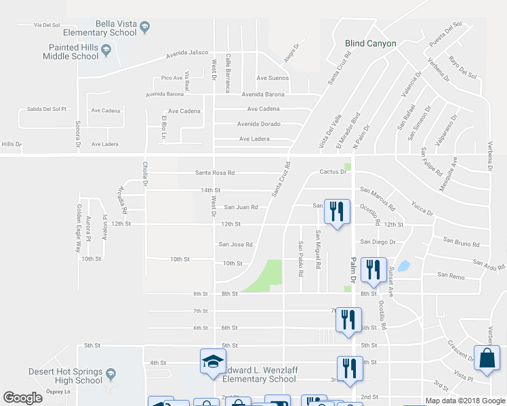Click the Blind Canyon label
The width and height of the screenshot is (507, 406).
point(370,43)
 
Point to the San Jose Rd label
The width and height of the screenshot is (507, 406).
point(235,244)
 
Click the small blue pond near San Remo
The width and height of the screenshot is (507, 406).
point(405,266)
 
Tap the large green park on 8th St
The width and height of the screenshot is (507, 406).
point(266,277)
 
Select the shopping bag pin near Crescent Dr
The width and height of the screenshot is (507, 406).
point(487,359)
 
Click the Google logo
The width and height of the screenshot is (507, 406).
point(23,398)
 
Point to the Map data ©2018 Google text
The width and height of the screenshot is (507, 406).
point(464,401)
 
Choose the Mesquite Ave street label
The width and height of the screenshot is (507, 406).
point(447,173)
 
